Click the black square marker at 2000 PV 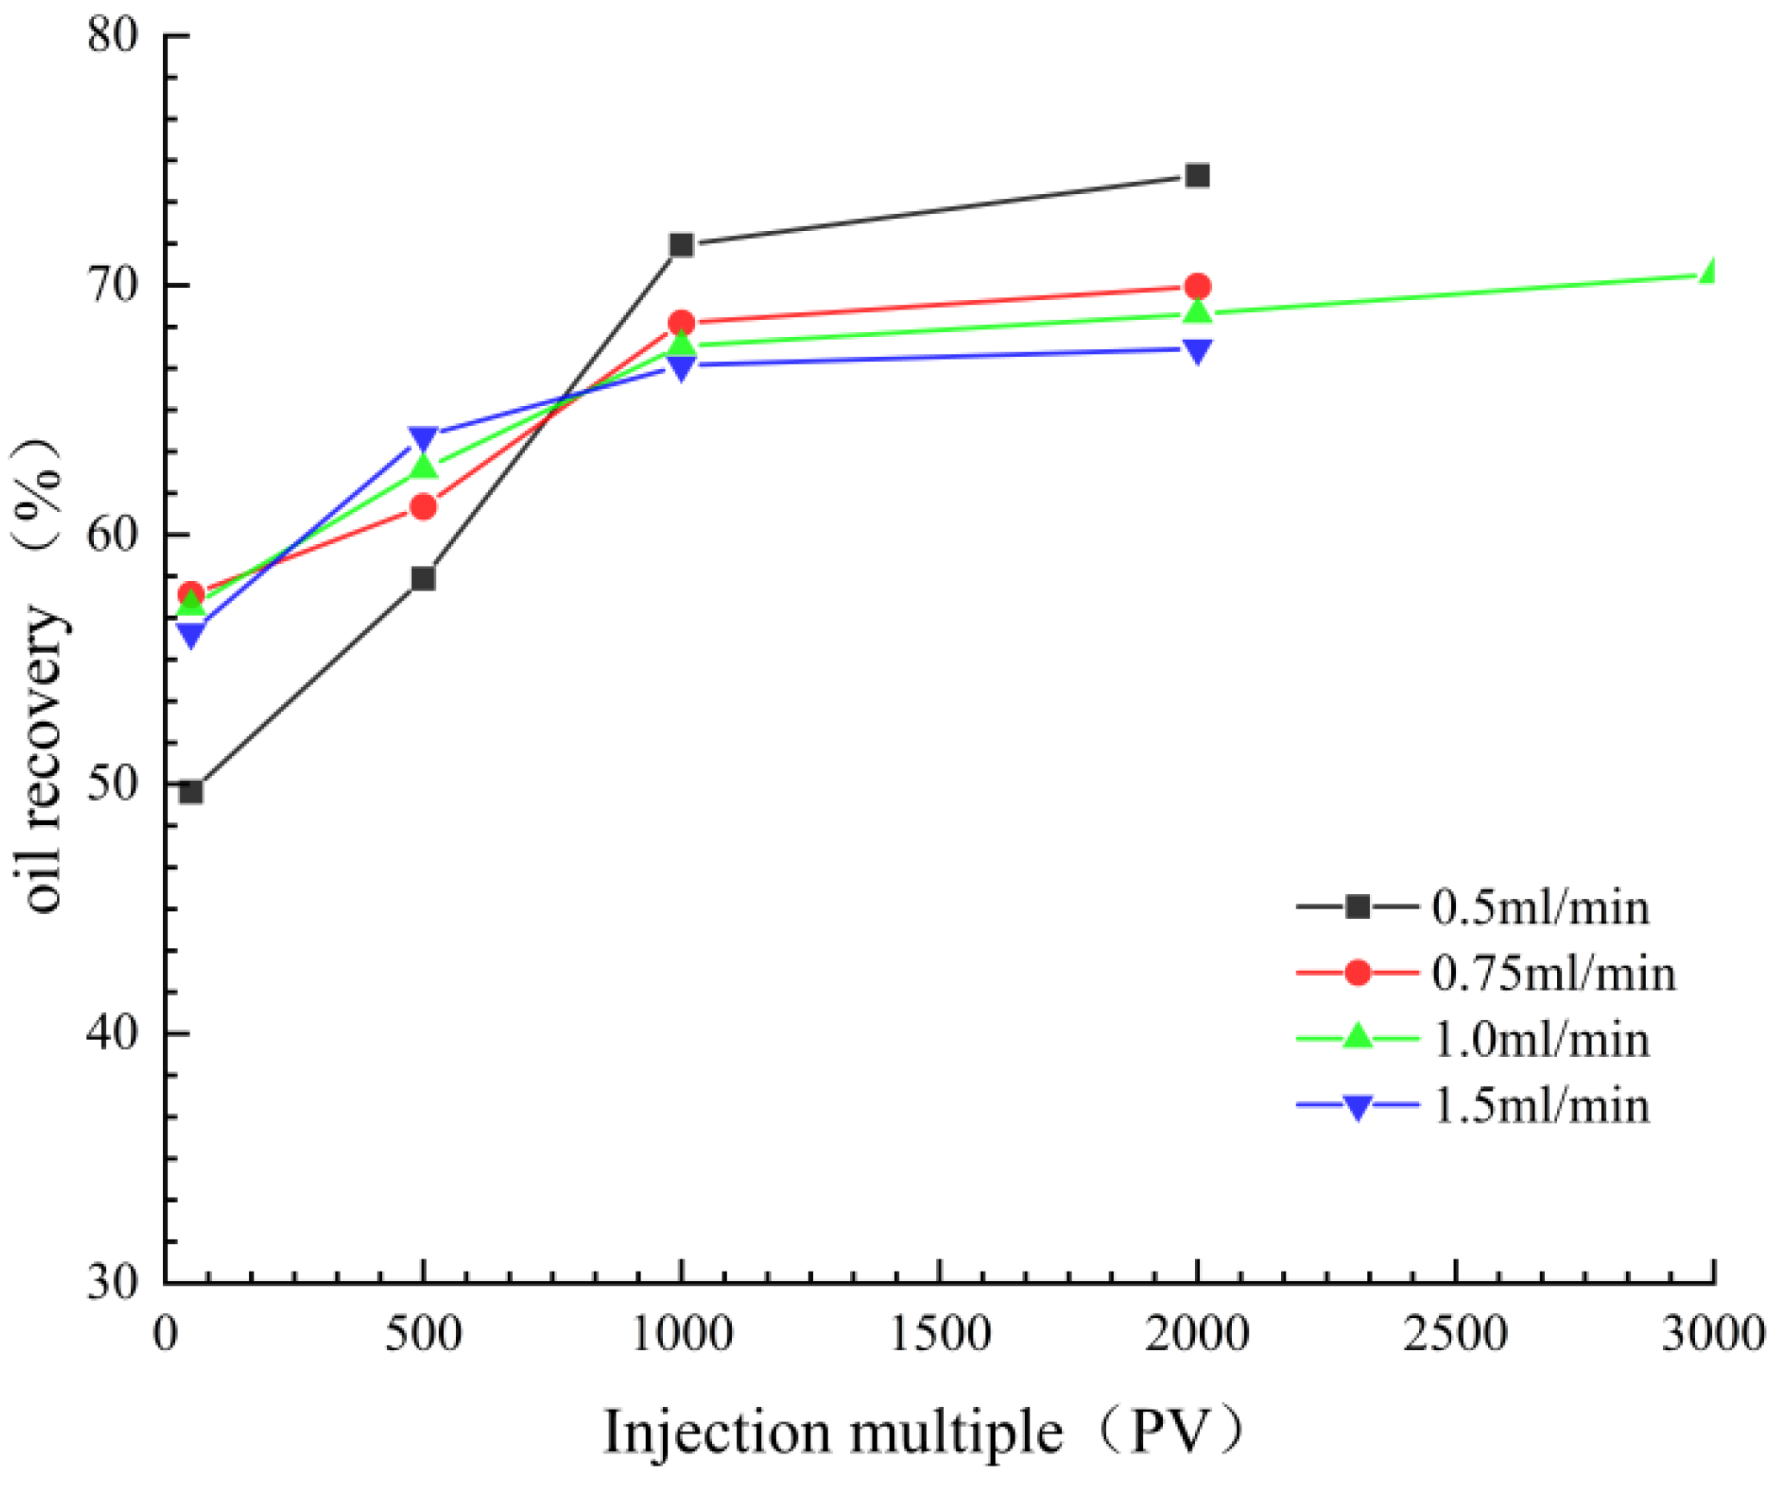click(x=1197, y=176)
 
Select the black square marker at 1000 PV click(x=681, y=246)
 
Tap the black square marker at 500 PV click(x=422, y=578)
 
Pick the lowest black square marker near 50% click(x=191, y=791)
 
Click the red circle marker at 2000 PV click(x=1197, y=286)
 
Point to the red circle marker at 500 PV click(x=422, y=507)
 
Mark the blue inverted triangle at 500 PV click(x=422, y=438)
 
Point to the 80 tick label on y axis click(x=112, y=36)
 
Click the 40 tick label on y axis click(x=112, y=1033)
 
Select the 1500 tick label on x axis click(x=939, y=1334)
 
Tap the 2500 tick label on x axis click(x=1455, y=1334)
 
